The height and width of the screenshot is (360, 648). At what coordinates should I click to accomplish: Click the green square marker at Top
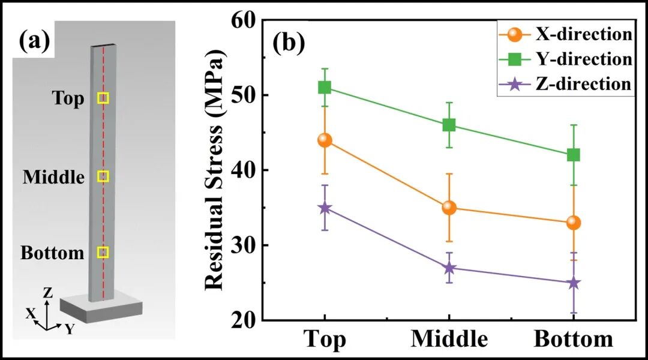(x=325, y=88)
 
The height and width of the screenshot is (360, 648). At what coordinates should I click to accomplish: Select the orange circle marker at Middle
(x=449, y=208)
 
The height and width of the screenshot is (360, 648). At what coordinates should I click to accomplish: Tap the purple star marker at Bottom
(x=573, y=283)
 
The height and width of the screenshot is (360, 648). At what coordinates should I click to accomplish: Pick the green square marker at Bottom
(x=573, y=155)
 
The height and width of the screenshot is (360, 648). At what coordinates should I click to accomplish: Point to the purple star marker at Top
(x=325, y=208)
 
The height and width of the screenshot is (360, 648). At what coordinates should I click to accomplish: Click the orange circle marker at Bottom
(x=573, y=223)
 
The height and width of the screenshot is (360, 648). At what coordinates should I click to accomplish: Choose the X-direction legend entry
(x=565, y=35)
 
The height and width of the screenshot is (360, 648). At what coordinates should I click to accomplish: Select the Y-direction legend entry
(x=565, y=59)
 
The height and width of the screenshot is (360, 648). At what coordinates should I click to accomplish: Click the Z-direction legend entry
(x=565, y=84)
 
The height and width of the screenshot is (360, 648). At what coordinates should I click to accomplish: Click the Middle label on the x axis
(x=449, y=340)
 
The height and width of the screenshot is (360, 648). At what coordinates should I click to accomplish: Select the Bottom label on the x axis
(x=573, y=340)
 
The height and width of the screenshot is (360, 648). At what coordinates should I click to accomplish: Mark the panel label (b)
(x=290, y=44)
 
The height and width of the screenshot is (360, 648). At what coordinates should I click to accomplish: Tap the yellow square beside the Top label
(x=103, y=98)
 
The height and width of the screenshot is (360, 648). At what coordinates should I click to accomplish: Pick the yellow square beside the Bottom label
(x=103, y=252)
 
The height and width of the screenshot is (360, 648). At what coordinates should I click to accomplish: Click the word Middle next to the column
(x=53, y=178)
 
